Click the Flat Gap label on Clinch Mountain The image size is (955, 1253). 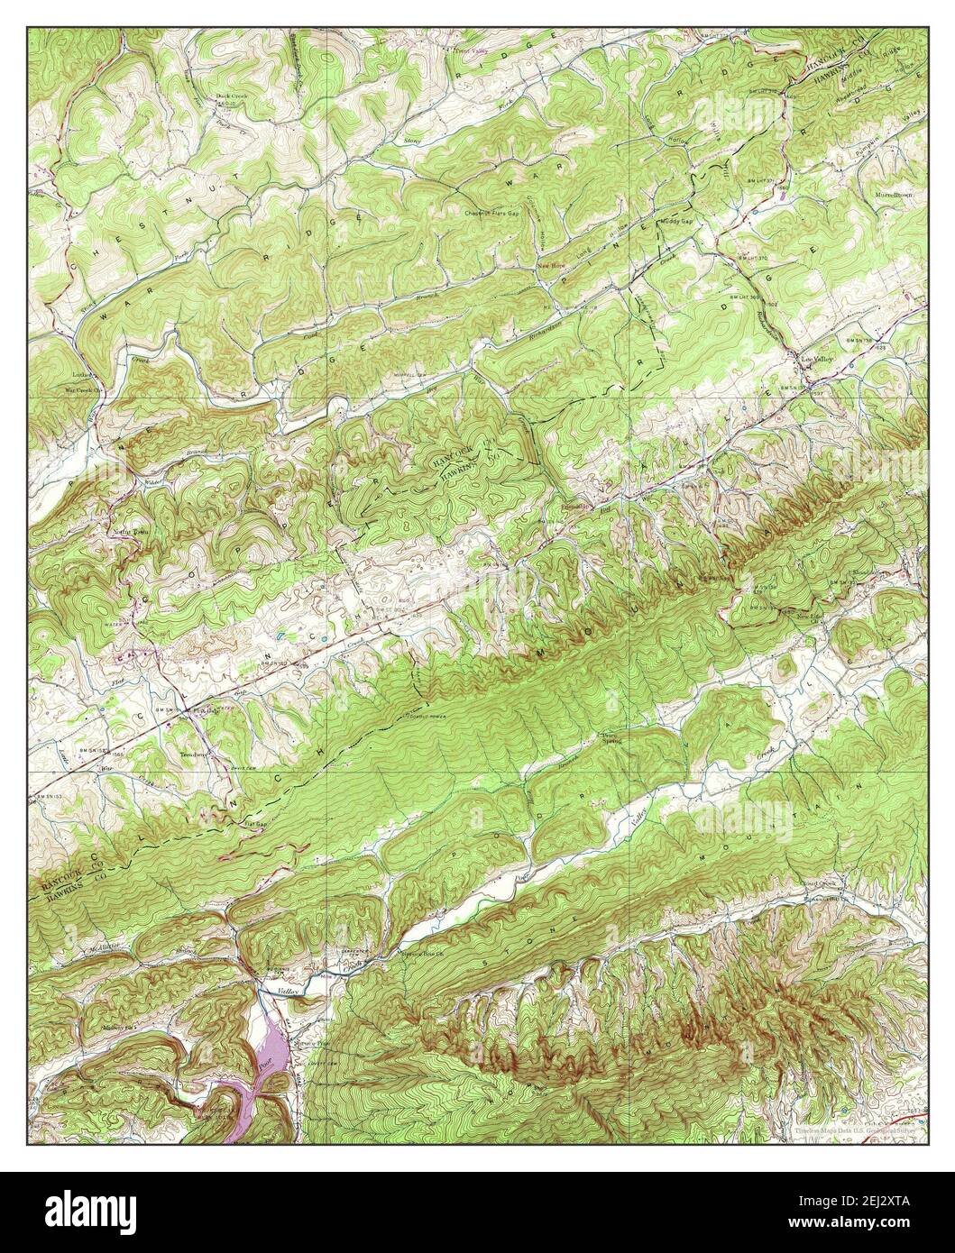(255, 824)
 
